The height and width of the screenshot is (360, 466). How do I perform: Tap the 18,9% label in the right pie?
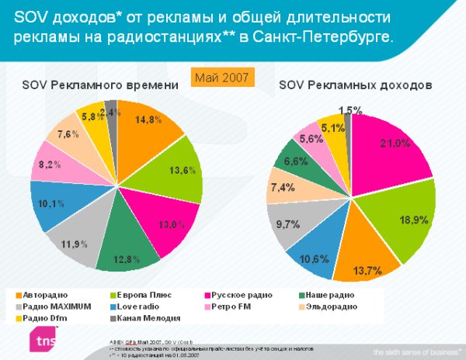point(409,220)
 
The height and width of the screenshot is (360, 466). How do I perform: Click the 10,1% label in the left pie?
point(50,204)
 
